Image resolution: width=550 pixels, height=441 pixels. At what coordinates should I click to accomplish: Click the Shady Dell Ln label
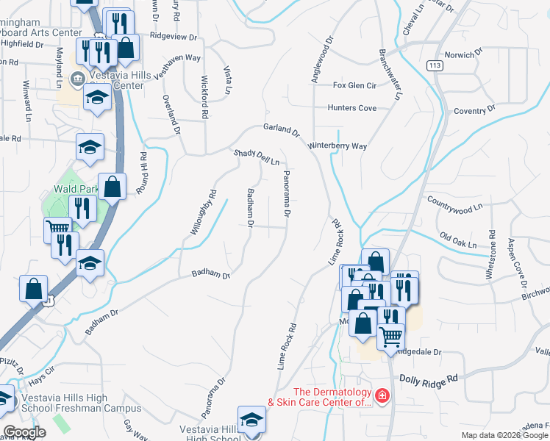pos(257,157)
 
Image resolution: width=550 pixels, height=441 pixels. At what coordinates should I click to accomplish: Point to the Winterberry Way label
pos(337,146)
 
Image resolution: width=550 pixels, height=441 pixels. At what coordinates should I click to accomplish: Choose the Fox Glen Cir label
pos(354,85)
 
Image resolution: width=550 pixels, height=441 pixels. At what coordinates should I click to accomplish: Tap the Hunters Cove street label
pos(351,108)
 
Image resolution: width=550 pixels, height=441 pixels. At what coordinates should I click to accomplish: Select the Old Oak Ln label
pos(458,240)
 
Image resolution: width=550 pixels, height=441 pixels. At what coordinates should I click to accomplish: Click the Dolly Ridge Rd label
pos(429,378)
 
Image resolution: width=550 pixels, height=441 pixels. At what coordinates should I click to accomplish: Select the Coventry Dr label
pos(475,111)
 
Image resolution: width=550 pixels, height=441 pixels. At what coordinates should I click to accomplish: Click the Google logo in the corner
pos(24,432)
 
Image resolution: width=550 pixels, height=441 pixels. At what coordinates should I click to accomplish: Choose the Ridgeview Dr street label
pos(174,36)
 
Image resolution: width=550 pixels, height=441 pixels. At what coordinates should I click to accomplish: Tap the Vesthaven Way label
pos(176,57)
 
